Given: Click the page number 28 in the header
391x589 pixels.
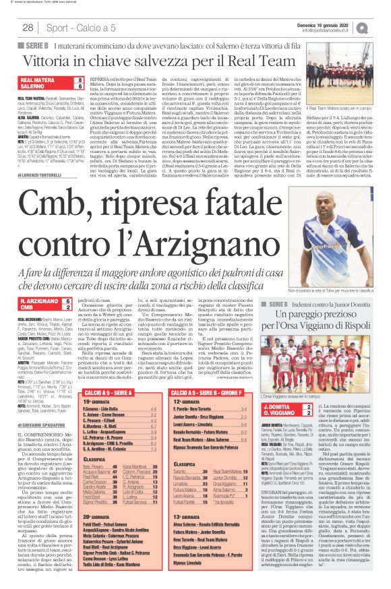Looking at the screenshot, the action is click(x=28, y=28).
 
